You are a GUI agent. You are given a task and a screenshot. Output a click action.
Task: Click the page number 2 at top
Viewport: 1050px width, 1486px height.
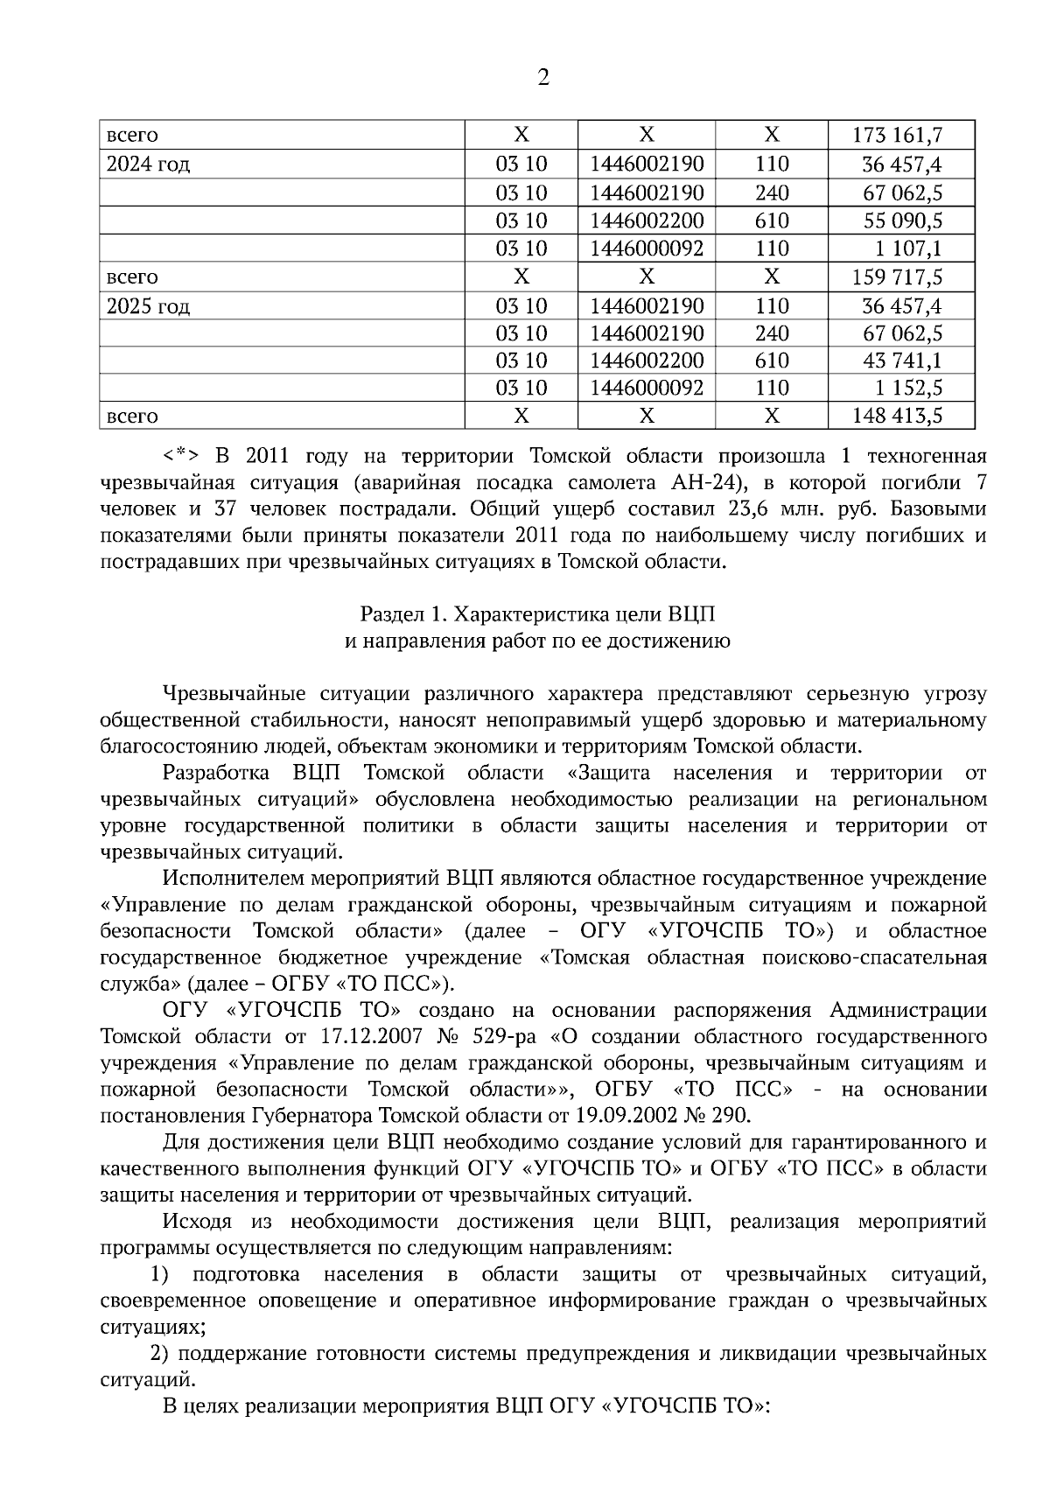click(x=542, y=79)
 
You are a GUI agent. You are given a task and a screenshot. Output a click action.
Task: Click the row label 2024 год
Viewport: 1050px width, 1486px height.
click(x=148, y=165)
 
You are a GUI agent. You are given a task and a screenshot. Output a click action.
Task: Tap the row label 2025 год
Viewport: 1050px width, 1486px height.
click(x=148, y=307)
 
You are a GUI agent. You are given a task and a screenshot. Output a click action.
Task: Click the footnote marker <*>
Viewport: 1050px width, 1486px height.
click(x=180, y=456)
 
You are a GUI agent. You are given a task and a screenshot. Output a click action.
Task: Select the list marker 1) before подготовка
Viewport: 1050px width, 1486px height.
click(x=160, y=1274)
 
